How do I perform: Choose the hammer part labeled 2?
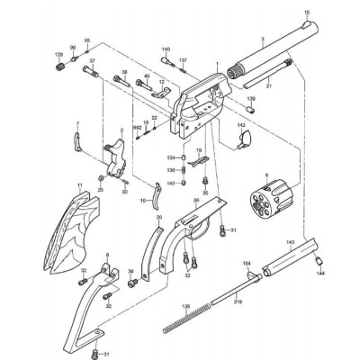point(115,162)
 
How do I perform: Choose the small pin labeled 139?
point(252,110)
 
